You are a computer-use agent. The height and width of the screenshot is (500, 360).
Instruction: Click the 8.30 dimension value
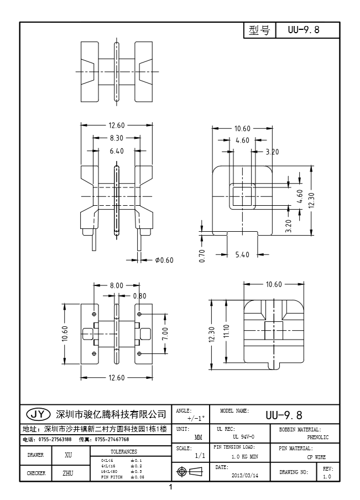coord(116,138)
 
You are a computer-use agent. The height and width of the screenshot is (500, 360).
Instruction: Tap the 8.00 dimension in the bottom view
coord(116,285)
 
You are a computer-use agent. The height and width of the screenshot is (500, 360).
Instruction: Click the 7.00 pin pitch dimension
coord(165,334)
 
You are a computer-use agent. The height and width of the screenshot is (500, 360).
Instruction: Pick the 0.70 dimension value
coord(203,256)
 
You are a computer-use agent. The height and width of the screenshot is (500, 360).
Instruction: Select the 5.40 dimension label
coord(243,255)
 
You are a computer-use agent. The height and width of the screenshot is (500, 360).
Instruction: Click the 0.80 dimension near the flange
coord(139,296)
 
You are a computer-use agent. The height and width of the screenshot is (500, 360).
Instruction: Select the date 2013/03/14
coord(244,475)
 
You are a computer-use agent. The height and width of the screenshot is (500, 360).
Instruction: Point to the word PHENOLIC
coord(318,437)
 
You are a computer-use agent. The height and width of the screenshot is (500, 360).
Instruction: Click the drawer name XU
coord(69,455)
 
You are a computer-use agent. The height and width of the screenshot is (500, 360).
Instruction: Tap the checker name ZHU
coord(69,473)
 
